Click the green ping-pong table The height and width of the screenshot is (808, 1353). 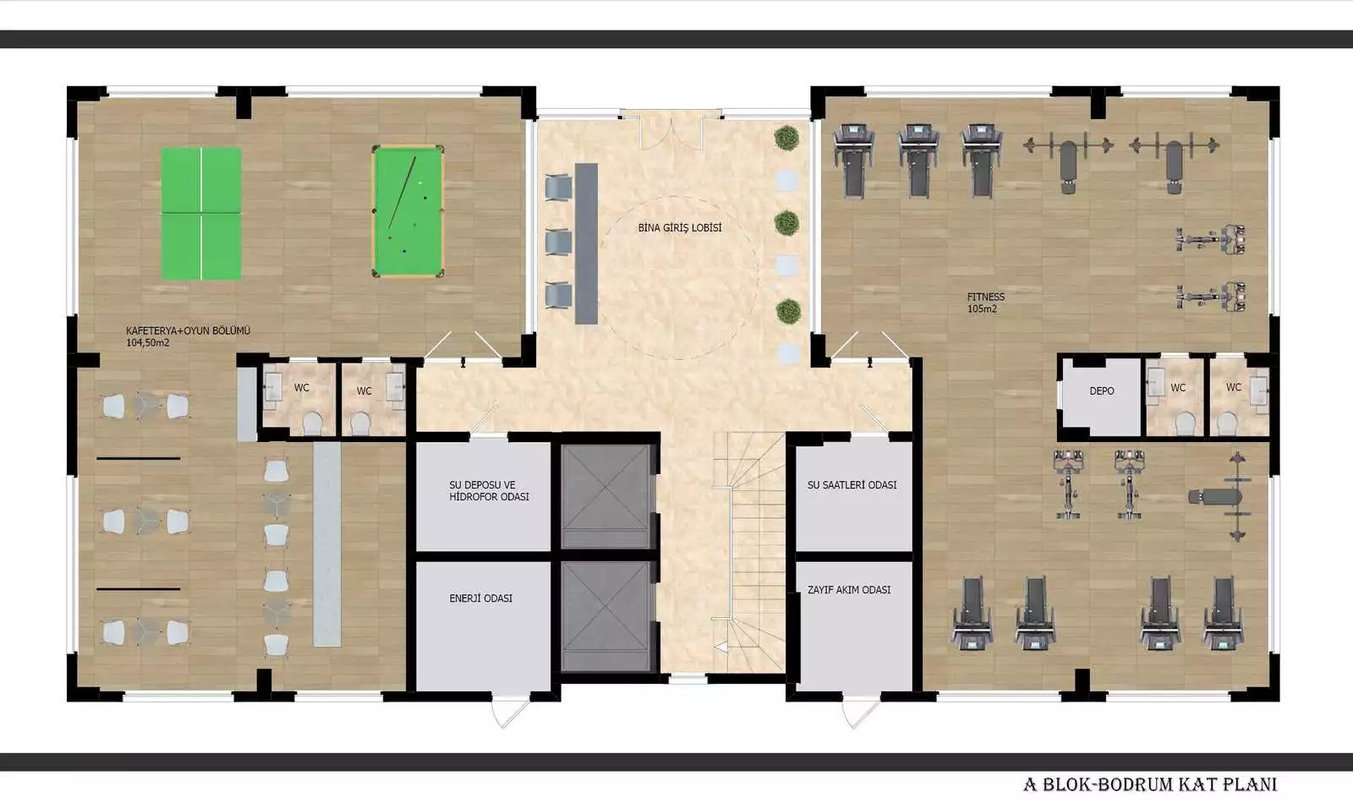[201, 213]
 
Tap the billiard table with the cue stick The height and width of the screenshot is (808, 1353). [408, 211]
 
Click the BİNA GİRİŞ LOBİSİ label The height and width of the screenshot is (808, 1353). [680, 227]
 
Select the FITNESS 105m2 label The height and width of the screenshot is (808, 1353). [985, 303]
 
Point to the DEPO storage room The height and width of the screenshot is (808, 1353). [1101, 396]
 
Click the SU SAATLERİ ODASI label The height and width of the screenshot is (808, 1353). [852, 485]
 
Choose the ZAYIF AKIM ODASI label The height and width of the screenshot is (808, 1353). [849, 589]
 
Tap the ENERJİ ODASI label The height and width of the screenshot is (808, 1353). [481, 598]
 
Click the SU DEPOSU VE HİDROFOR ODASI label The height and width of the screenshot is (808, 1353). [489, 490]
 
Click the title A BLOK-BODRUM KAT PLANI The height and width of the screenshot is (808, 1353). [1150, 784]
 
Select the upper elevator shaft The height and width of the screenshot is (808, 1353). [606, 496]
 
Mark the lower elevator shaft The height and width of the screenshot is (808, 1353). [606, 615]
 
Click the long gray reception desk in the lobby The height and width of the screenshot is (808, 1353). [586, 243]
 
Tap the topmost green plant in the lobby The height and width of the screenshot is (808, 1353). [786, 138]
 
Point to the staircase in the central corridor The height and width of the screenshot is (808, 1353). [749, 553]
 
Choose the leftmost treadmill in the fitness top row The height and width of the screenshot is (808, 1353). [853, 160]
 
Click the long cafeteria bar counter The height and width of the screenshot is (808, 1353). [326, 544]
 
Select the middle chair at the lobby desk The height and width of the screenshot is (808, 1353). [558, 242]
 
